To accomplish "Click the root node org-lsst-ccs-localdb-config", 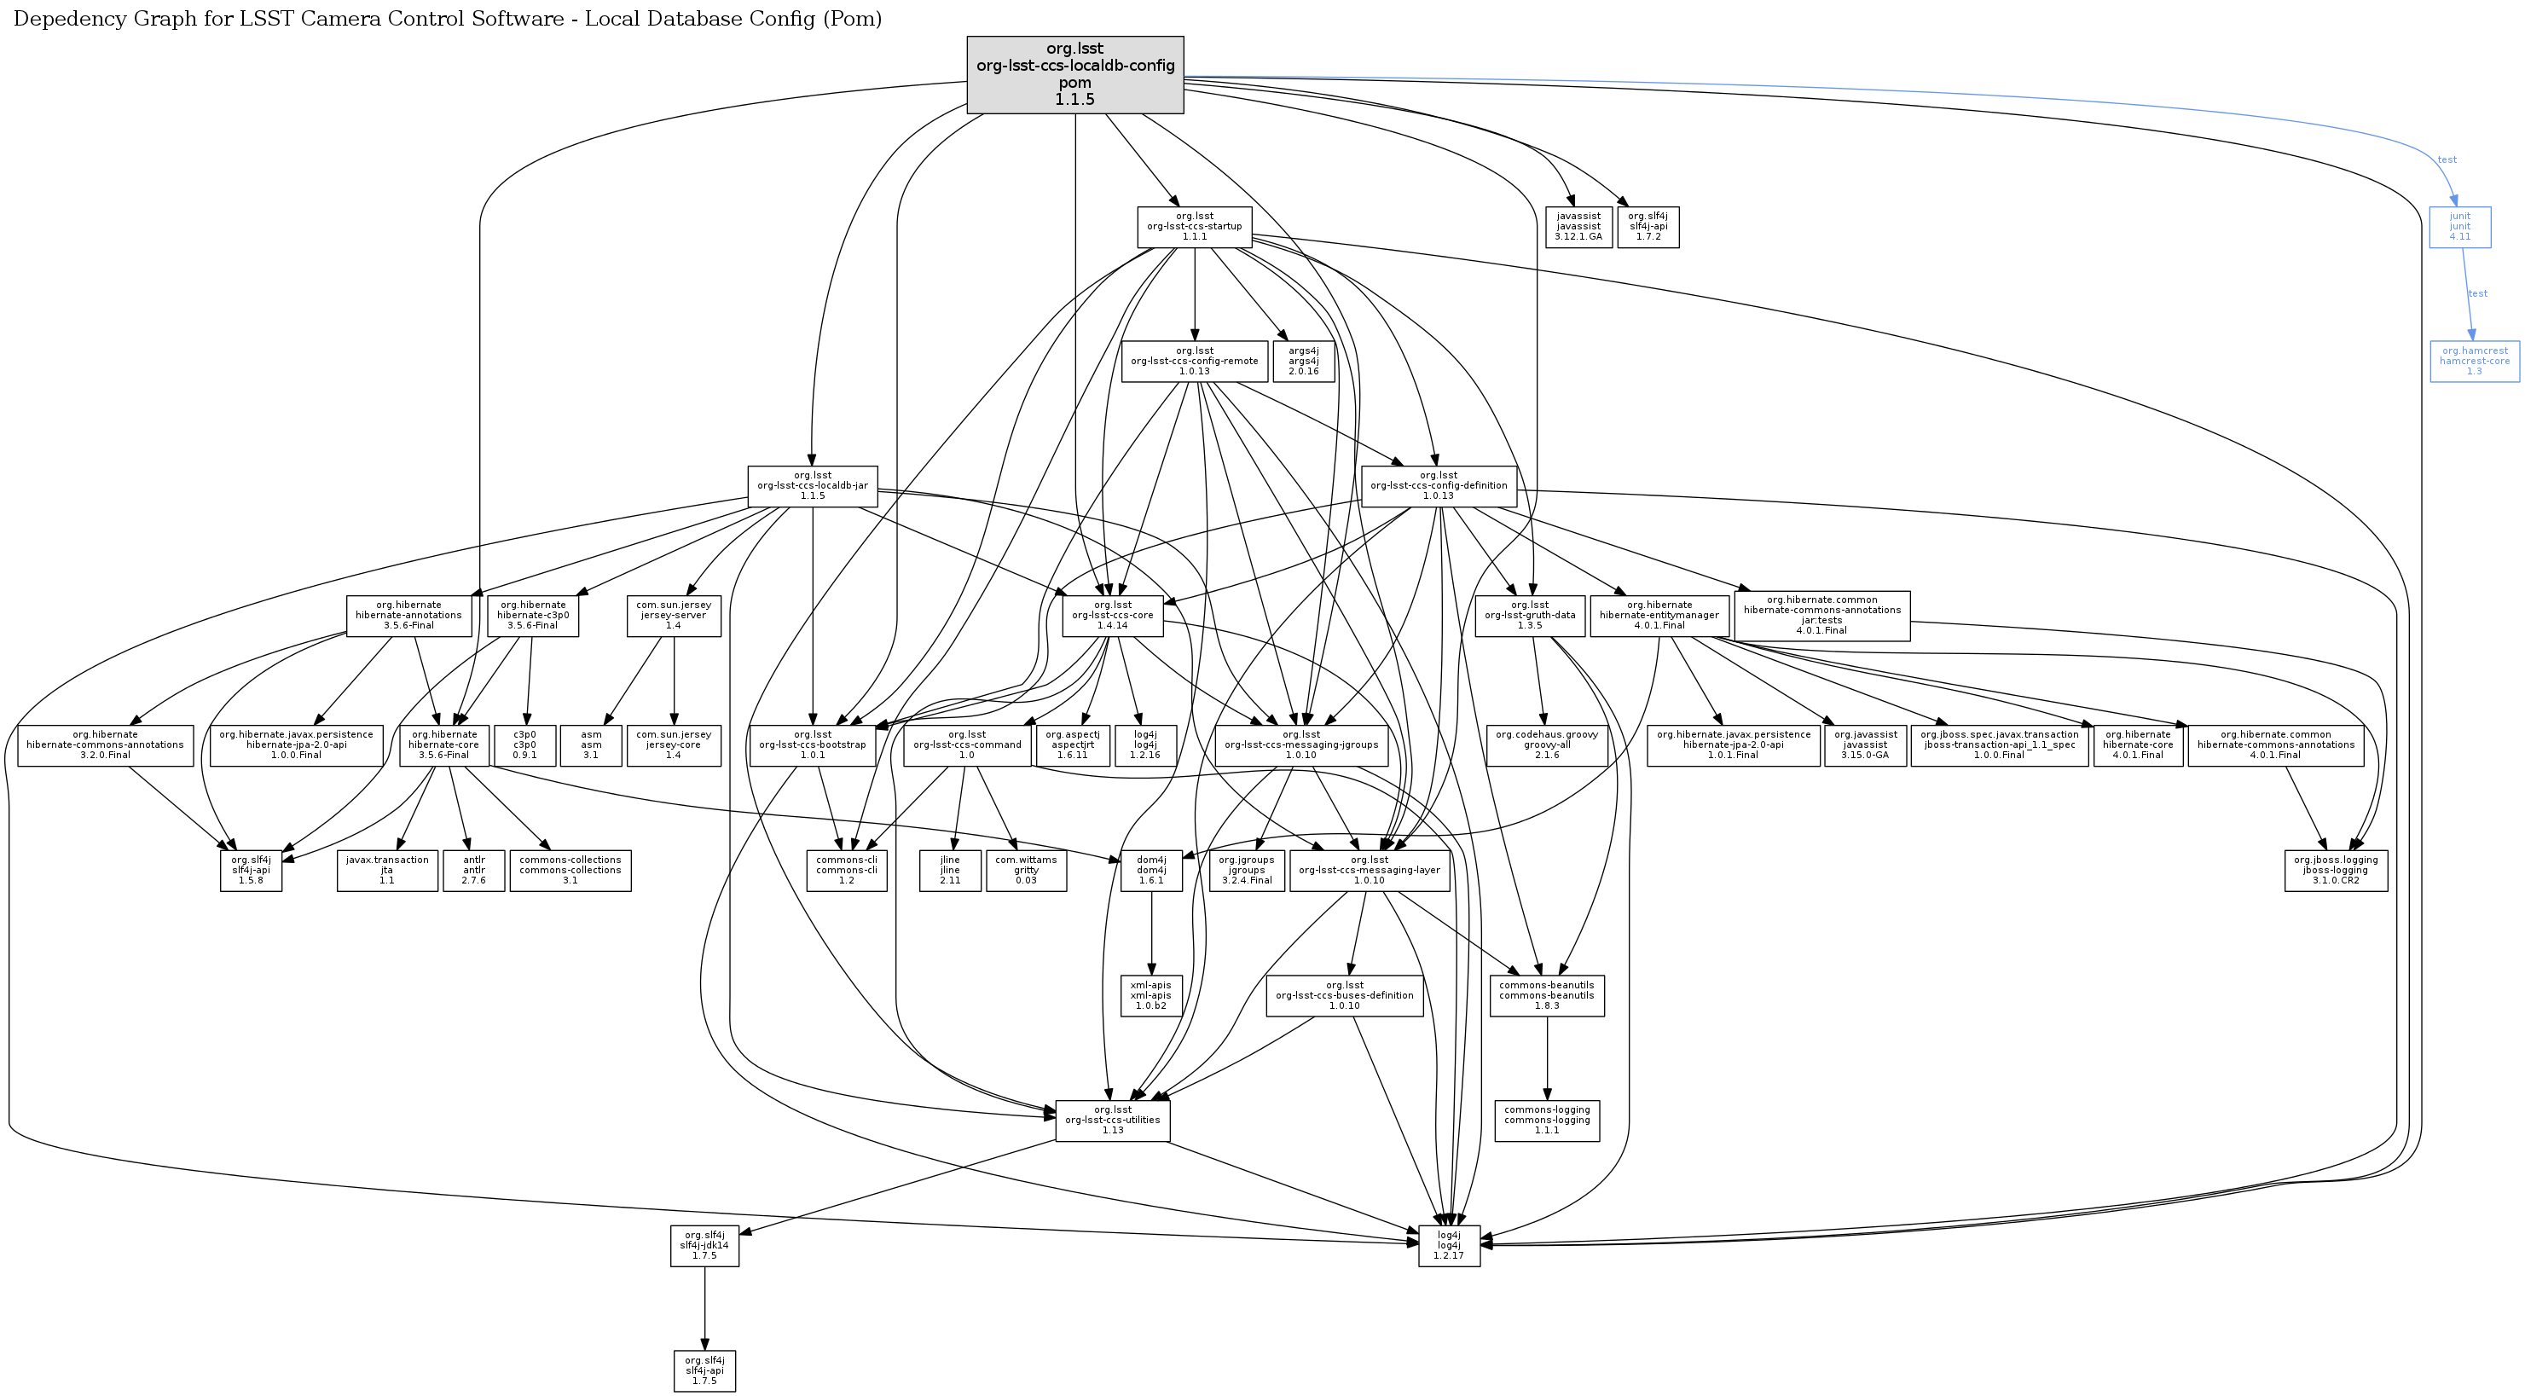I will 1074,74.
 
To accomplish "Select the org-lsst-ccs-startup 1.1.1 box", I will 1194,227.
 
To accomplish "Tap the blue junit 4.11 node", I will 2459,227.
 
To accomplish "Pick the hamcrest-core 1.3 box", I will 2474,361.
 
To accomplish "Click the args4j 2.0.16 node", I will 1303,361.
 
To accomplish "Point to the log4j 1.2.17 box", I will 1448,1245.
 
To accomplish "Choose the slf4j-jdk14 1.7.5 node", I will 704,1245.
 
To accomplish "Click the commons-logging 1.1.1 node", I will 1546,1121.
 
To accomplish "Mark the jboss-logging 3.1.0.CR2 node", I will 2335,870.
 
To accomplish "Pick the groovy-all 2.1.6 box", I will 1547,745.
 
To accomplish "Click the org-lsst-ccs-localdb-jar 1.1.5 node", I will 812,486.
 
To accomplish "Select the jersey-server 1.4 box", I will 674,616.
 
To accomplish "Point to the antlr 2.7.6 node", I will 473,870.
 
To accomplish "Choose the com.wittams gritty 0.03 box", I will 1025,870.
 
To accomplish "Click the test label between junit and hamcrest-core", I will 2477,293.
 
